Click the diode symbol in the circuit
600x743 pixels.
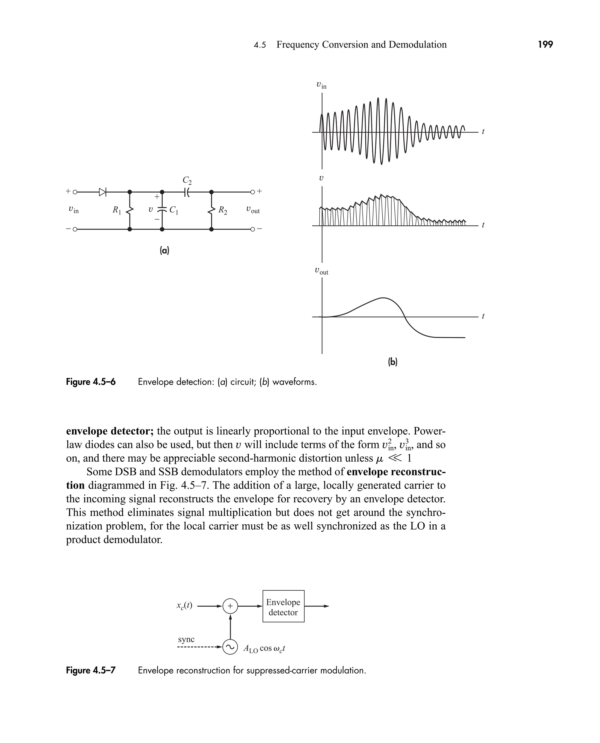click(102, 192)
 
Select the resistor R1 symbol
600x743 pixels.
click(129, 210)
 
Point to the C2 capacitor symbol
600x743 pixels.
click(187, 192)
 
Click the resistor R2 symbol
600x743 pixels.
click(211, 210)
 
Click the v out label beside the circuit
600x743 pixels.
click(253, 210)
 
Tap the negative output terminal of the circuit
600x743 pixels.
click(253, 229)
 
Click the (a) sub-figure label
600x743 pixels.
click(164, 250)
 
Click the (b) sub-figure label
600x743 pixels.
click(392, 362)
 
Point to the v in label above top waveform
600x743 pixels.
click(321, 85)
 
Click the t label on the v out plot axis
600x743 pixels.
click(483, 316)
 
